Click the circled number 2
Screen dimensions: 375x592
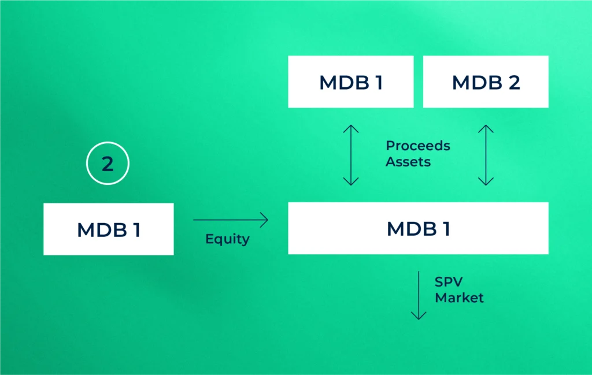click(108, 164)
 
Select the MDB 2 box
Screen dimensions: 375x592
click(486, 81)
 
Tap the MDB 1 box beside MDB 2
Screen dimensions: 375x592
click(351, 81)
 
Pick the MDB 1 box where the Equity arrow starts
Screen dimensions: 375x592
click(108, 229)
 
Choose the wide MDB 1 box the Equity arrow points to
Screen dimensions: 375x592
click(418, 228)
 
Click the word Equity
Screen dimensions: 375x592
click(227, 239)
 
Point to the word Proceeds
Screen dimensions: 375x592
click(418, 146)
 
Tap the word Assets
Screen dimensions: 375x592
click(408, 162)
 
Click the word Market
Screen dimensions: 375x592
click(459, 298)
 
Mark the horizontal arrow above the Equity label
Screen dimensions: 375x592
click(231, 220)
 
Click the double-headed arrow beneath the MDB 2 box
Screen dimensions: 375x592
click(486, 155)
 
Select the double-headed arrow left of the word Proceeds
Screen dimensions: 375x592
click(351, 155)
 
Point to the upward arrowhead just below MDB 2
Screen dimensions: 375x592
click(486, 128)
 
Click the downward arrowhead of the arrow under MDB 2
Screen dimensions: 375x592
click(486, 182)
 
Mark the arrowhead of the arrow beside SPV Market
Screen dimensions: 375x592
click(418, 316)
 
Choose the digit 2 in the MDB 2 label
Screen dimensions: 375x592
click(513, 82)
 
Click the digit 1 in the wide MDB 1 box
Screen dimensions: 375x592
click(445, 229)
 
